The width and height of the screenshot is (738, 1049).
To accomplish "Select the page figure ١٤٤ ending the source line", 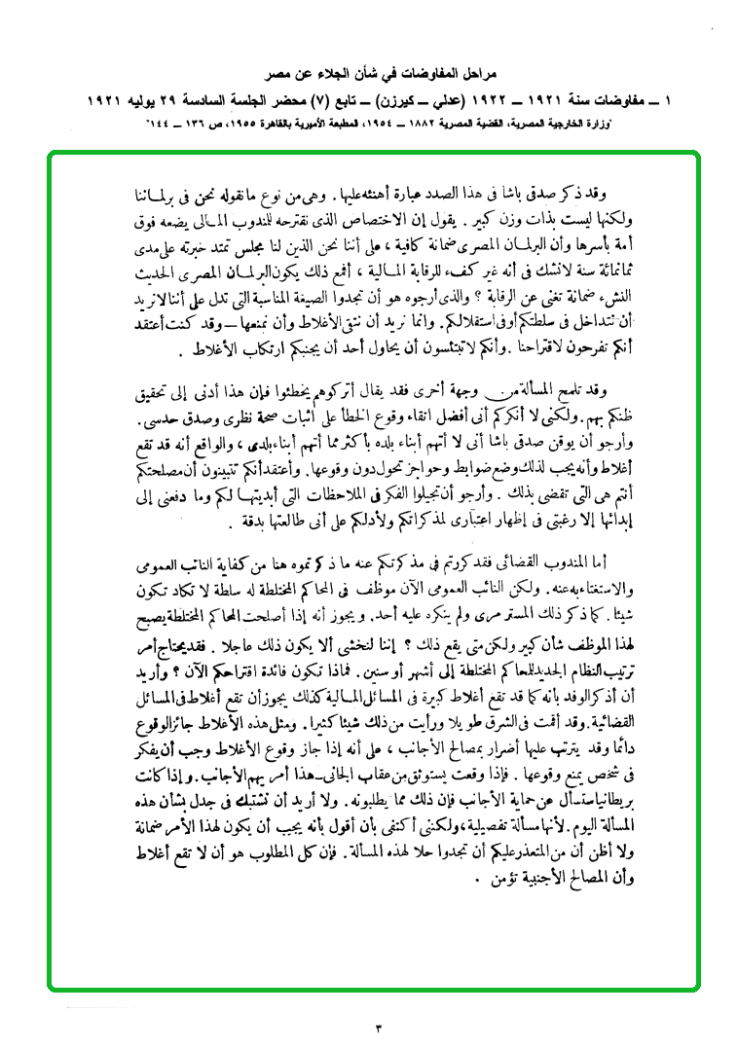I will [x=157, y=125].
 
